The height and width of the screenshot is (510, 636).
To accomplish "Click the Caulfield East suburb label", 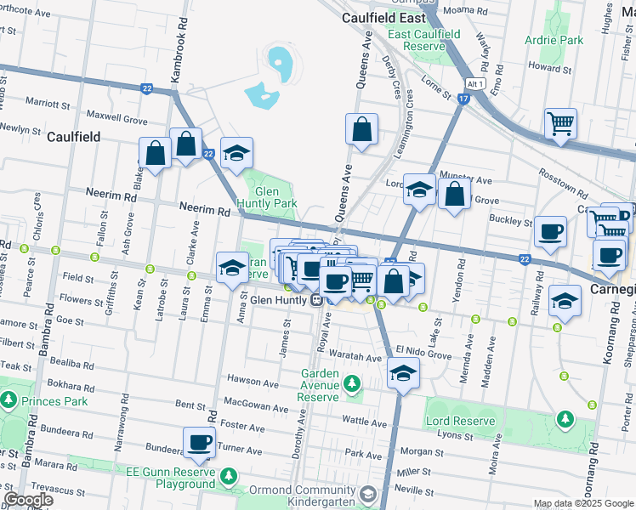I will (x=383, y=17).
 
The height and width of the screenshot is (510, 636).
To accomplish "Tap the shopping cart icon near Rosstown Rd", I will (x=560, y=123).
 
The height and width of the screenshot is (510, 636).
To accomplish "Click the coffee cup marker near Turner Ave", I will (x=200, y=442).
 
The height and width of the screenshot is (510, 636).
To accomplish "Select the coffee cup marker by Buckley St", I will (x=550, y=231).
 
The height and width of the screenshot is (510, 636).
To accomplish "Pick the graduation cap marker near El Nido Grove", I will (x=403, y=373).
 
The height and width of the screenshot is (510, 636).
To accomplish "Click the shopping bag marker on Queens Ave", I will (x=361, y=130).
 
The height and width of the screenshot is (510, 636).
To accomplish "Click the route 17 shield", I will (x=463, y=99).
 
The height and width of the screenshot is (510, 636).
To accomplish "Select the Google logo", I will (x=27, y=500).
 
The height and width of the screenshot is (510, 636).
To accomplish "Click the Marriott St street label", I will (x=48, y=104).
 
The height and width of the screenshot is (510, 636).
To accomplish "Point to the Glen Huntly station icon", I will (x=315, y=299).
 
